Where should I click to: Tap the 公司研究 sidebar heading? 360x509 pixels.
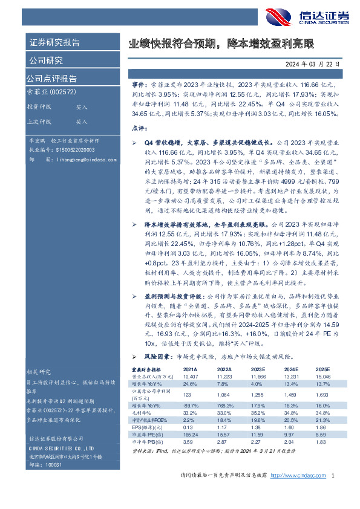click(x=45, y=60)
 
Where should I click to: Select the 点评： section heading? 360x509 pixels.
click(x=139, y=129)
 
